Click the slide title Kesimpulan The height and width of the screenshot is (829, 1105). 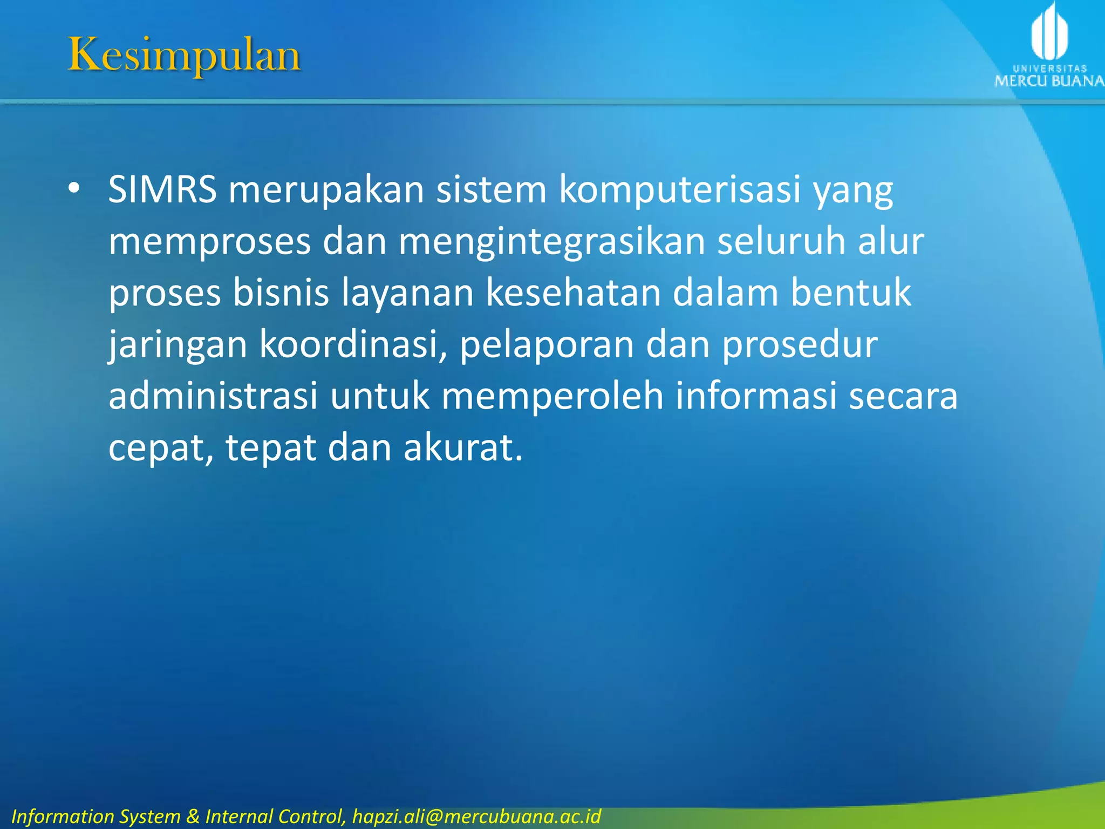tap(184, 55)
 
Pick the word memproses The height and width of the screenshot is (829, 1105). tap(209, 241)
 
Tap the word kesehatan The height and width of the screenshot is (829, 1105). tap(573, 293)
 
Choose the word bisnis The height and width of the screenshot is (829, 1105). tap(281, 293)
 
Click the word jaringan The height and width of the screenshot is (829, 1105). tap(178, 345)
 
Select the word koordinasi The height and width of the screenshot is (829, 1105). tap(353, 345)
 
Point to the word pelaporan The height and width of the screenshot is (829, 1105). tap(546, 345)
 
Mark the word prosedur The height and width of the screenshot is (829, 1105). tap(800, 345)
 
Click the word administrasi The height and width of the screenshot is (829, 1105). tap(213, 396)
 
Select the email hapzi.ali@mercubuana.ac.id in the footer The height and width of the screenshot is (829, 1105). tap(476, 816)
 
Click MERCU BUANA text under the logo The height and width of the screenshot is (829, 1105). tap(1049, 81)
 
